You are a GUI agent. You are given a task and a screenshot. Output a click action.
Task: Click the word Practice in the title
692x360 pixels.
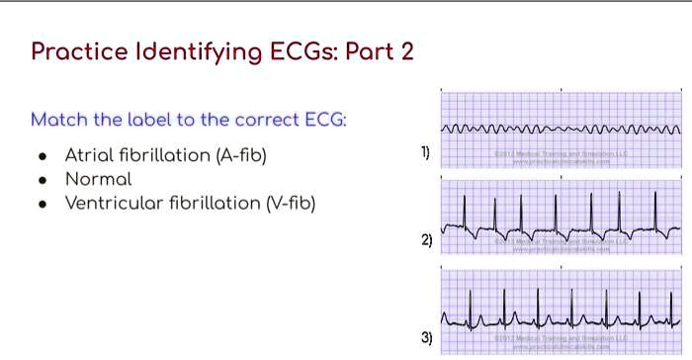pos(81,51)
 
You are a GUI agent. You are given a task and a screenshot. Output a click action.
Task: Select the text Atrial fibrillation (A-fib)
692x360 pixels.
pos(165,155)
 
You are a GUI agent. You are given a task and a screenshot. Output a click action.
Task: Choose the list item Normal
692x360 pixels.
pos(98,180)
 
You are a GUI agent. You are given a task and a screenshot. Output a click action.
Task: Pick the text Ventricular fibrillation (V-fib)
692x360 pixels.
pos(190,205)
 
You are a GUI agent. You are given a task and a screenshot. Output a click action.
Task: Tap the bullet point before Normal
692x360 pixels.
pos(42,181)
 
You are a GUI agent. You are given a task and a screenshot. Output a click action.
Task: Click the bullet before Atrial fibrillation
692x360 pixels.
pos(42,156)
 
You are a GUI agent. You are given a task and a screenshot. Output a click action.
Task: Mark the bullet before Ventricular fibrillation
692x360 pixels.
pos(42,206)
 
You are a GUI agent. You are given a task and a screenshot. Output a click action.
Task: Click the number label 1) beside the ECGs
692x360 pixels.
pos(425,151)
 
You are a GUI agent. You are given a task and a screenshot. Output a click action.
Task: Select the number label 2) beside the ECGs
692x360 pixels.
pos(426,240)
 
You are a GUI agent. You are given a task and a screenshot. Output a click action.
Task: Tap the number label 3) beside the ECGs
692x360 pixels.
pos(426,338)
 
